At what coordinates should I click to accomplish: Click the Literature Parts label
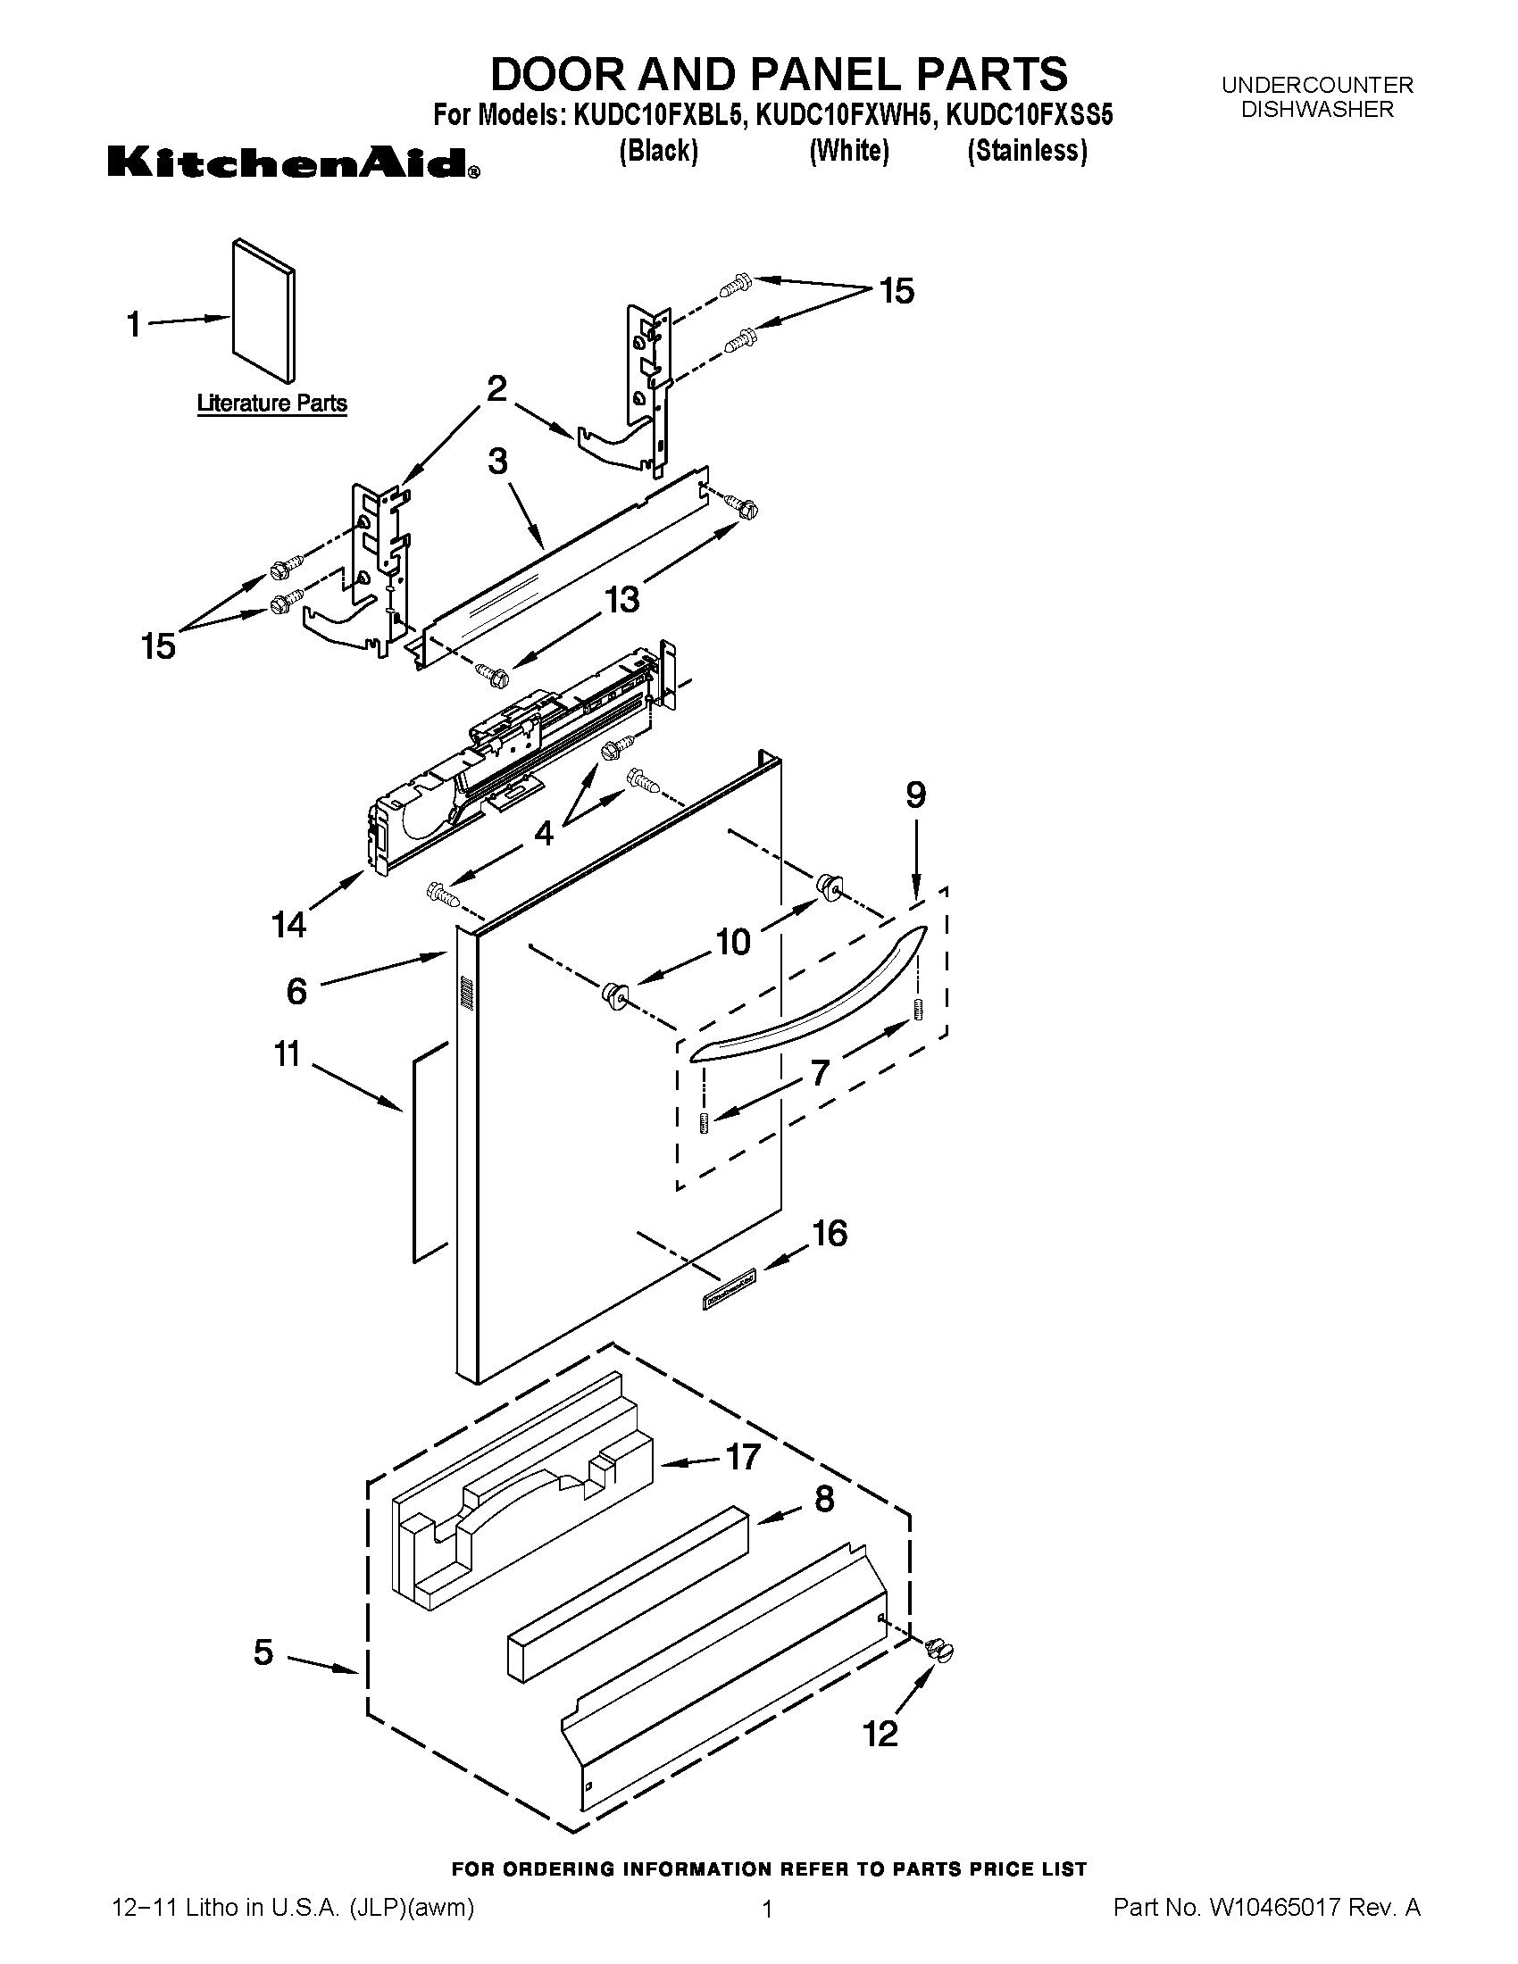click(x=271, y=404)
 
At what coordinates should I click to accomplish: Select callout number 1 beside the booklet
click(x=134, y=324)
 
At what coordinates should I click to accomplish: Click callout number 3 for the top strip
click(x=497, y=462)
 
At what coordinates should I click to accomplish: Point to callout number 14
click(x=288, y=924)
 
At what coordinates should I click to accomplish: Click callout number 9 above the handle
click(x=915, y=795)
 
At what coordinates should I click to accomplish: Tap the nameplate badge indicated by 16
click(x=729, y=1277)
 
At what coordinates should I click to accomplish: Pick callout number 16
click(x=830, y=1234)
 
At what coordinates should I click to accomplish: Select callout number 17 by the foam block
click(x=742, y=1457)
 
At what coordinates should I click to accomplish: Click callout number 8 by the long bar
click(x=824, y=1500)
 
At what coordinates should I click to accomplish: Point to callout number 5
click(x=263, y=1652)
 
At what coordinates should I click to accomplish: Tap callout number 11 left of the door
click(x=287, y=1054)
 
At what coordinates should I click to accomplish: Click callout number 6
click(x=296, y=991)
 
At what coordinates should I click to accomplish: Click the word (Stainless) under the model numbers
click(x=1027, y=150)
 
